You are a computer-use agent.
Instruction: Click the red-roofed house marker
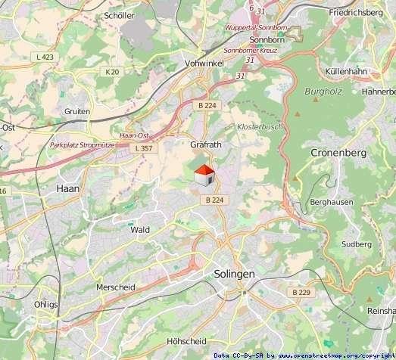tap(203, 176)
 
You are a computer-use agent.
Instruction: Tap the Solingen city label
tap(235, 274)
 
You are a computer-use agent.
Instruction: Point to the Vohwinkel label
tap(204, 64)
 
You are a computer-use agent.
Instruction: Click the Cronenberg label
tap(338, 153)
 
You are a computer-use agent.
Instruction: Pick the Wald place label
tap(140, 229)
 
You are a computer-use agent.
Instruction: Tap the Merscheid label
tap(116, 287)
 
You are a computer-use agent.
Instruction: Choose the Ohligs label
tap(45, 304)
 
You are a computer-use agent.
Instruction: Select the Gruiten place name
tap(77, 111)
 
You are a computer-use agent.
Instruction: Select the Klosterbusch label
tap(260, 126)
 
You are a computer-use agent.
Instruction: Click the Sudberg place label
tap(357, 244)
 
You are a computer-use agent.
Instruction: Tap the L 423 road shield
tap(45, 57)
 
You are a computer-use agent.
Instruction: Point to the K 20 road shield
tap(113, 72)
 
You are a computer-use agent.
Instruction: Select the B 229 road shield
tap(301, 292)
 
